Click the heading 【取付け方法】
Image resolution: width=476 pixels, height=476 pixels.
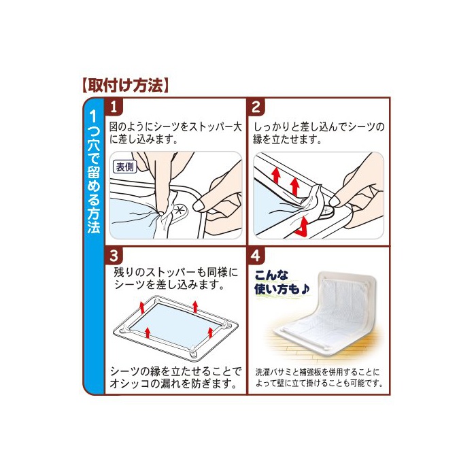125,85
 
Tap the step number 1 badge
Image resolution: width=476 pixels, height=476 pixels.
114,107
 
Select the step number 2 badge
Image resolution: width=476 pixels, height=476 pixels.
256,107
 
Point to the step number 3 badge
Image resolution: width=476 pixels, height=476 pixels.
114,256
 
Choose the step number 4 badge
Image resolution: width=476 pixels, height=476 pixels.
256,256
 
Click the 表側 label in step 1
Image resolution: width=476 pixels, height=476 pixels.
125,167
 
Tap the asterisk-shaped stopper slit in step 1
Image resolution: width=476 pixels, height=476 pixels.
180,209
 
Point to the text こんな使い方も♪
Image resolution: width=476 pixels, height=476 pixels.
282,282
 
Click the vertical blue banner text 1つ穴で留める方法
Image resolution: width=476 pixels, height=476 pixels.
94,171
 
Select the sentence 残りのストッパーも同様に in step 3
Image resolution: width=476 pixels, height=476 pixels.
175,272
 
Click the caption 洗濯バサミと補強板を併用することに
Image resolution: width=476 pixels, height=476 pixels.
318,372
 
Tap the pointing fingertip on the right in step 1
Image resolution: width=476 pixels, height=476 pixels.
199,205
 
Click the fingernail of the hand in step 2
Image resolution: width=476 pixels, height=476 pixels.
334,201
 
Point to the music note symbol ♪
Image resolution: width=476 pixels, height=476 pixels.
305,289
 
